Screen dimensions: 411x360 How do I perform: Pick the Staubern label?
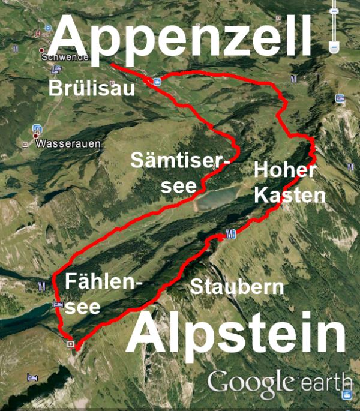click(x=236, y=286)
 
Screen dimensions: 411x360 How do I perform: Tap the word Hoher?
click(x=285, y=170)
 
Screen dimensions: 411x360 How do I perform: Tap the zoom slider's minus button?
click(x=334, y=46)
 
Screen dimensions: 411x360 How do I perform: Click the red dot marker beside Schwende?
click(x=42, y=50)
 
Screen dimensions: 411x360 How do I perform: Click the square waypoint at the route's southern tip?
click(x=71, y=344)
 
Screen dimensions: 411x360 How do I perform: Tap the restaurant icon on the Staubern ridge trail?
click(x=230, y=233)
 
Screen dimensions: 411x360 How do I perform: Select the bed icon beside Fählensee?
click(x=58, y=304)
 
